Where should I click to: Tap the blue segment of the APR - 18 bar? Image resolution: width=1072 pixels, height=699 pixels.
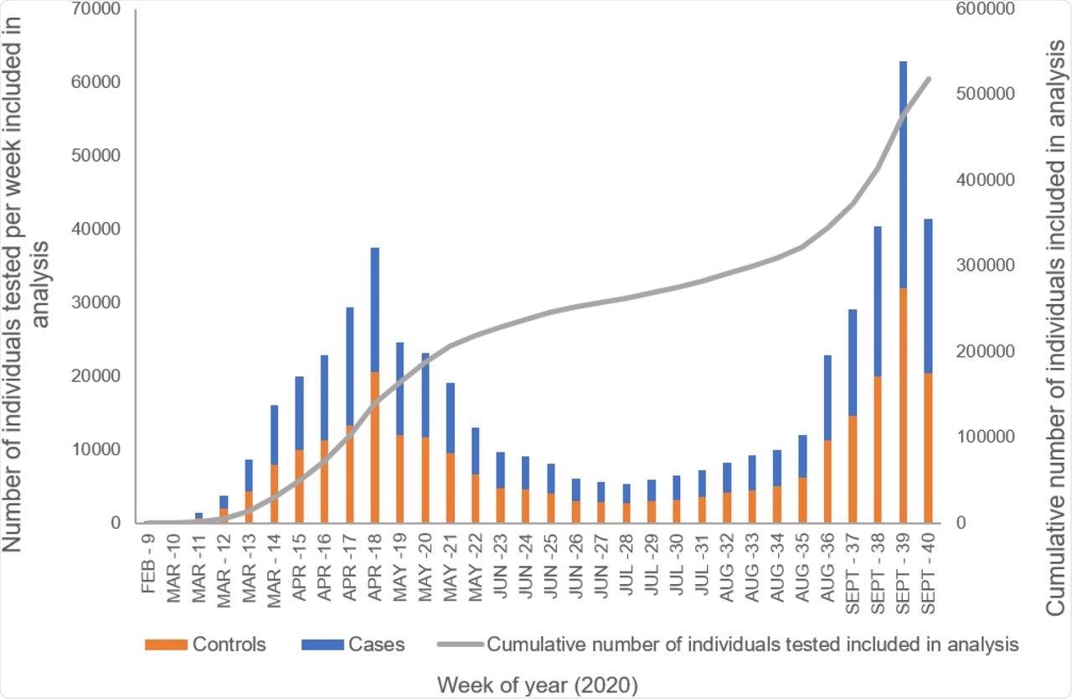(x=375, y=309)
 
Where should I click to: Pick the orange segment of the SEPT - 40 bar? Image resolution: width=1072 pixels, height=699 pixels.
(x=928, y=448)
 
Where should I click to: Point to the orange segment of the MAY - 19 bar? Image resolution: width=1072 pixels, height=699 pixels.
(x=400, y=479)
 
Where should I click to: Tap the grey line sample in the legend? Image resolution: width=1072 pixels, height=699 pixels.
(x=459, y=645)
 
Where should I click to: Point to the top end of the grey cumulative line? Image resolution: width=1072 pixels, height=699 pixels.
(x=930, y=79)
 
